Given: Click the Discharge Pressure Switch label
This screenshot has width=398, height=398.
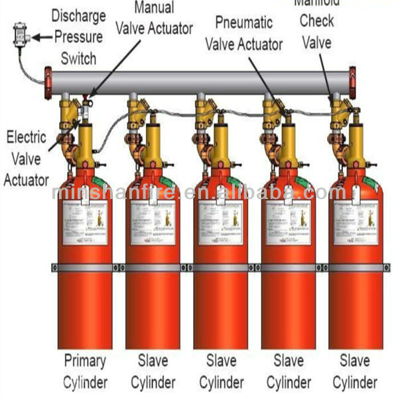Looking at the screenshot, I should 79,37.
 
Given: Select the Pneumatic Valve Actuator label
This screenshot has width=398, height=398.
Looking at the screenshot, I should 243,34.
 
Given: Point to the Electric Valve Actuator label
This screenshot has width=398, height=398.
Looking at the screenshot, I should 27,158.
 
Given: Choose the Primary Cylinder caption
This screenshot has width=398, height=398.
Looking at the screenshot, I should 85,371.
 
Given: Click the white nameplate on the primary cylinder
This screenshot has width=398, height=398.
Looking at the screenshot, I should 86,222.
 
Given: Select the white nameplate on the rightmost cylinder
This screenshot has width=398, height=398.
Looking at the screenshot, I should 356,222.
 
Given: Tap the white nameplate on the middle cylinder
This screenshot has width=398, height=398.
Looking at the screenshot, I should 221,222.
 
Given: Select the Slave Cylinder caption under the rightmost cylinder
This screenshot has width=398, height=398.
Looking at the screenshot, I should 356,371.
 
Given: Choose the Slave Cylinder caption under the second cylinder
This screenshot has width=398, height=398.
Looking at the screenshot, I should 153,371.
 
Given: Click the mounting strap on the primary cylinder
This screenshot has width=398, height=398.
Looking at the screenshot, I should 85,267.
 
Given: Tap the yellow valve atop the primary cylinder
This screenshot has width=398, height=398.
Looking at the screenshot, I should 85,143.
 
